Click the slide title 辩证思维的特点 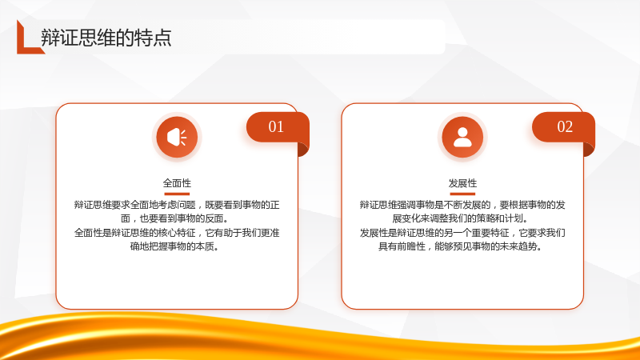click(106, 38)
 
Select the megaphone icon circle click(177, 137)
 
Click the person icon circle click(462, 137)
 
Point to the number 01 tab click(277, 127)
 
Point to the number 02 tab click(563, 127)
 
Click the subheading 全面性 click(177, 183)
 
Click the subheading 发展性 click(462, 183)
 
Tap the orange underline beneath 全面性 click(177, 194)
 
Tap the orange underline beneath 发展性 click(462, 194)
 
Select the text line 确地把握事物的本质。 click(175, 246)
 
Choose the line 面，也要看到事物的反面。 click(175, 218)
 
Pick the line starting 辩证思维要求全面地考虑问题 click(177, 205)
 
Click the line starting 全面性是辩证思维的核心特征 click(177, 233)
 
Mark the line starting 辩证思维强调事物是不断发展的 click(462, 205)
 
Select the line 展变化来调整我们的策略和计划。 click(461, 218)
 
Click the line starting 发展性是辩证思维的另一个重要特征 click(462, 233)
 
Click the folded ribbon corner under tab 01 click(303, 150)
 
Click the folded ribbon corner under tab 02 click(589, 150)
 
